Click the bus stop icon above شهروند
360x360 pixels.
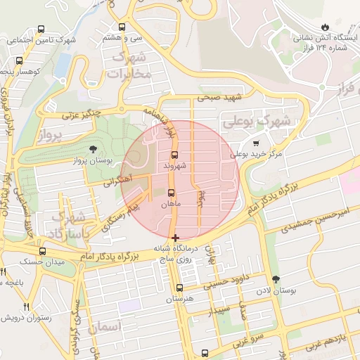coord(174,155)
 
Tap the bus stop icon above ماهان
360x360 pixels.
coord(172,193)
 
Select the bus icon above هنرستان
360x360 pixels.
coord(179,288)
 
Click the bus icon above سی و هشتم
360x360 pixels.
coord(122,27)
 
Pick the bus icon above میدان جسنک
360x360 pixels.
coord(42,251)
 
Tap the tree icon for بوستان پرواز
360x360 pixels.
coord(93,148)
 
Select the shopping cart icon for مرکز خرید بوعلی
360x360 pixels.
coord(256,141)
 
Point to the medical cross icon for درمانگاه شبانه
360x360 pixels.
coord(175,238)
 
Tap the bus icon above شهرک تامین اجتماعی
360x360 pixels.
coord(41,30)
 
